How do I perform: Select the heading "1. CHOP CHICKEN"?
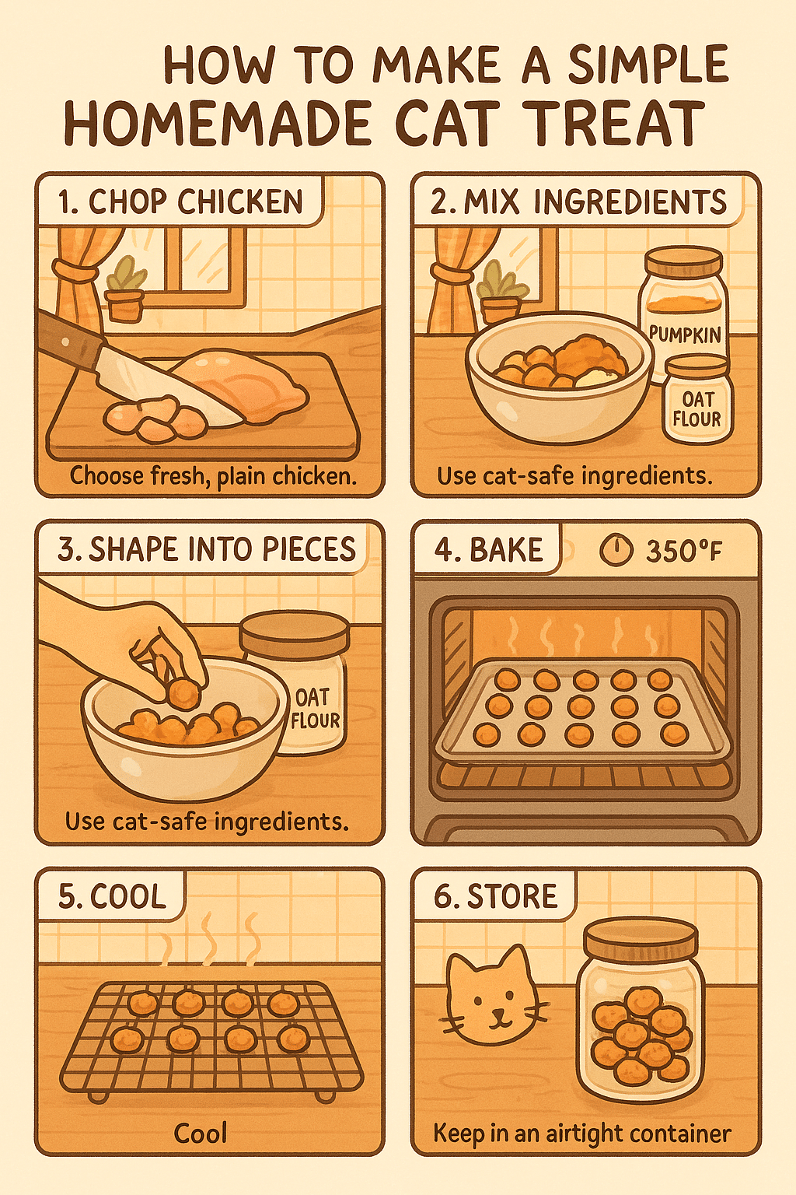[x=180, y=202]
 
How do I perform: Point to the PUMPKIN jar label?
[x=685, y=335]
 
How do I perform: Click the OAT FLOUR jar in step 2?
[x=696, y=401]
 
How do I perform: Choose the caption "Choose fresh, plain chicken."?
[x=213, y=475]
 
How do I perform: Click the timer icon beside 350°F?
[x=615, y=551]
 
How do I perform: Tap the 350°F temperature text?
[x=684, y=552]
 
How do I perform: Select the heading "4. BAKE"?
[x=488, y=550]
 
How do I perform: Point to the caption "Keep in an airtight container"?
[x=581, y=1134]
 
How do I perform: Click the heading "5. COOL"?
[x=112, y=896]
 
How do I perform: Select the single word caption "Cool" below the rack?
[x=201, y=1134]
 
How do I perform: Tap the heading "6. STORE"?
[x=495, y=896]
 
